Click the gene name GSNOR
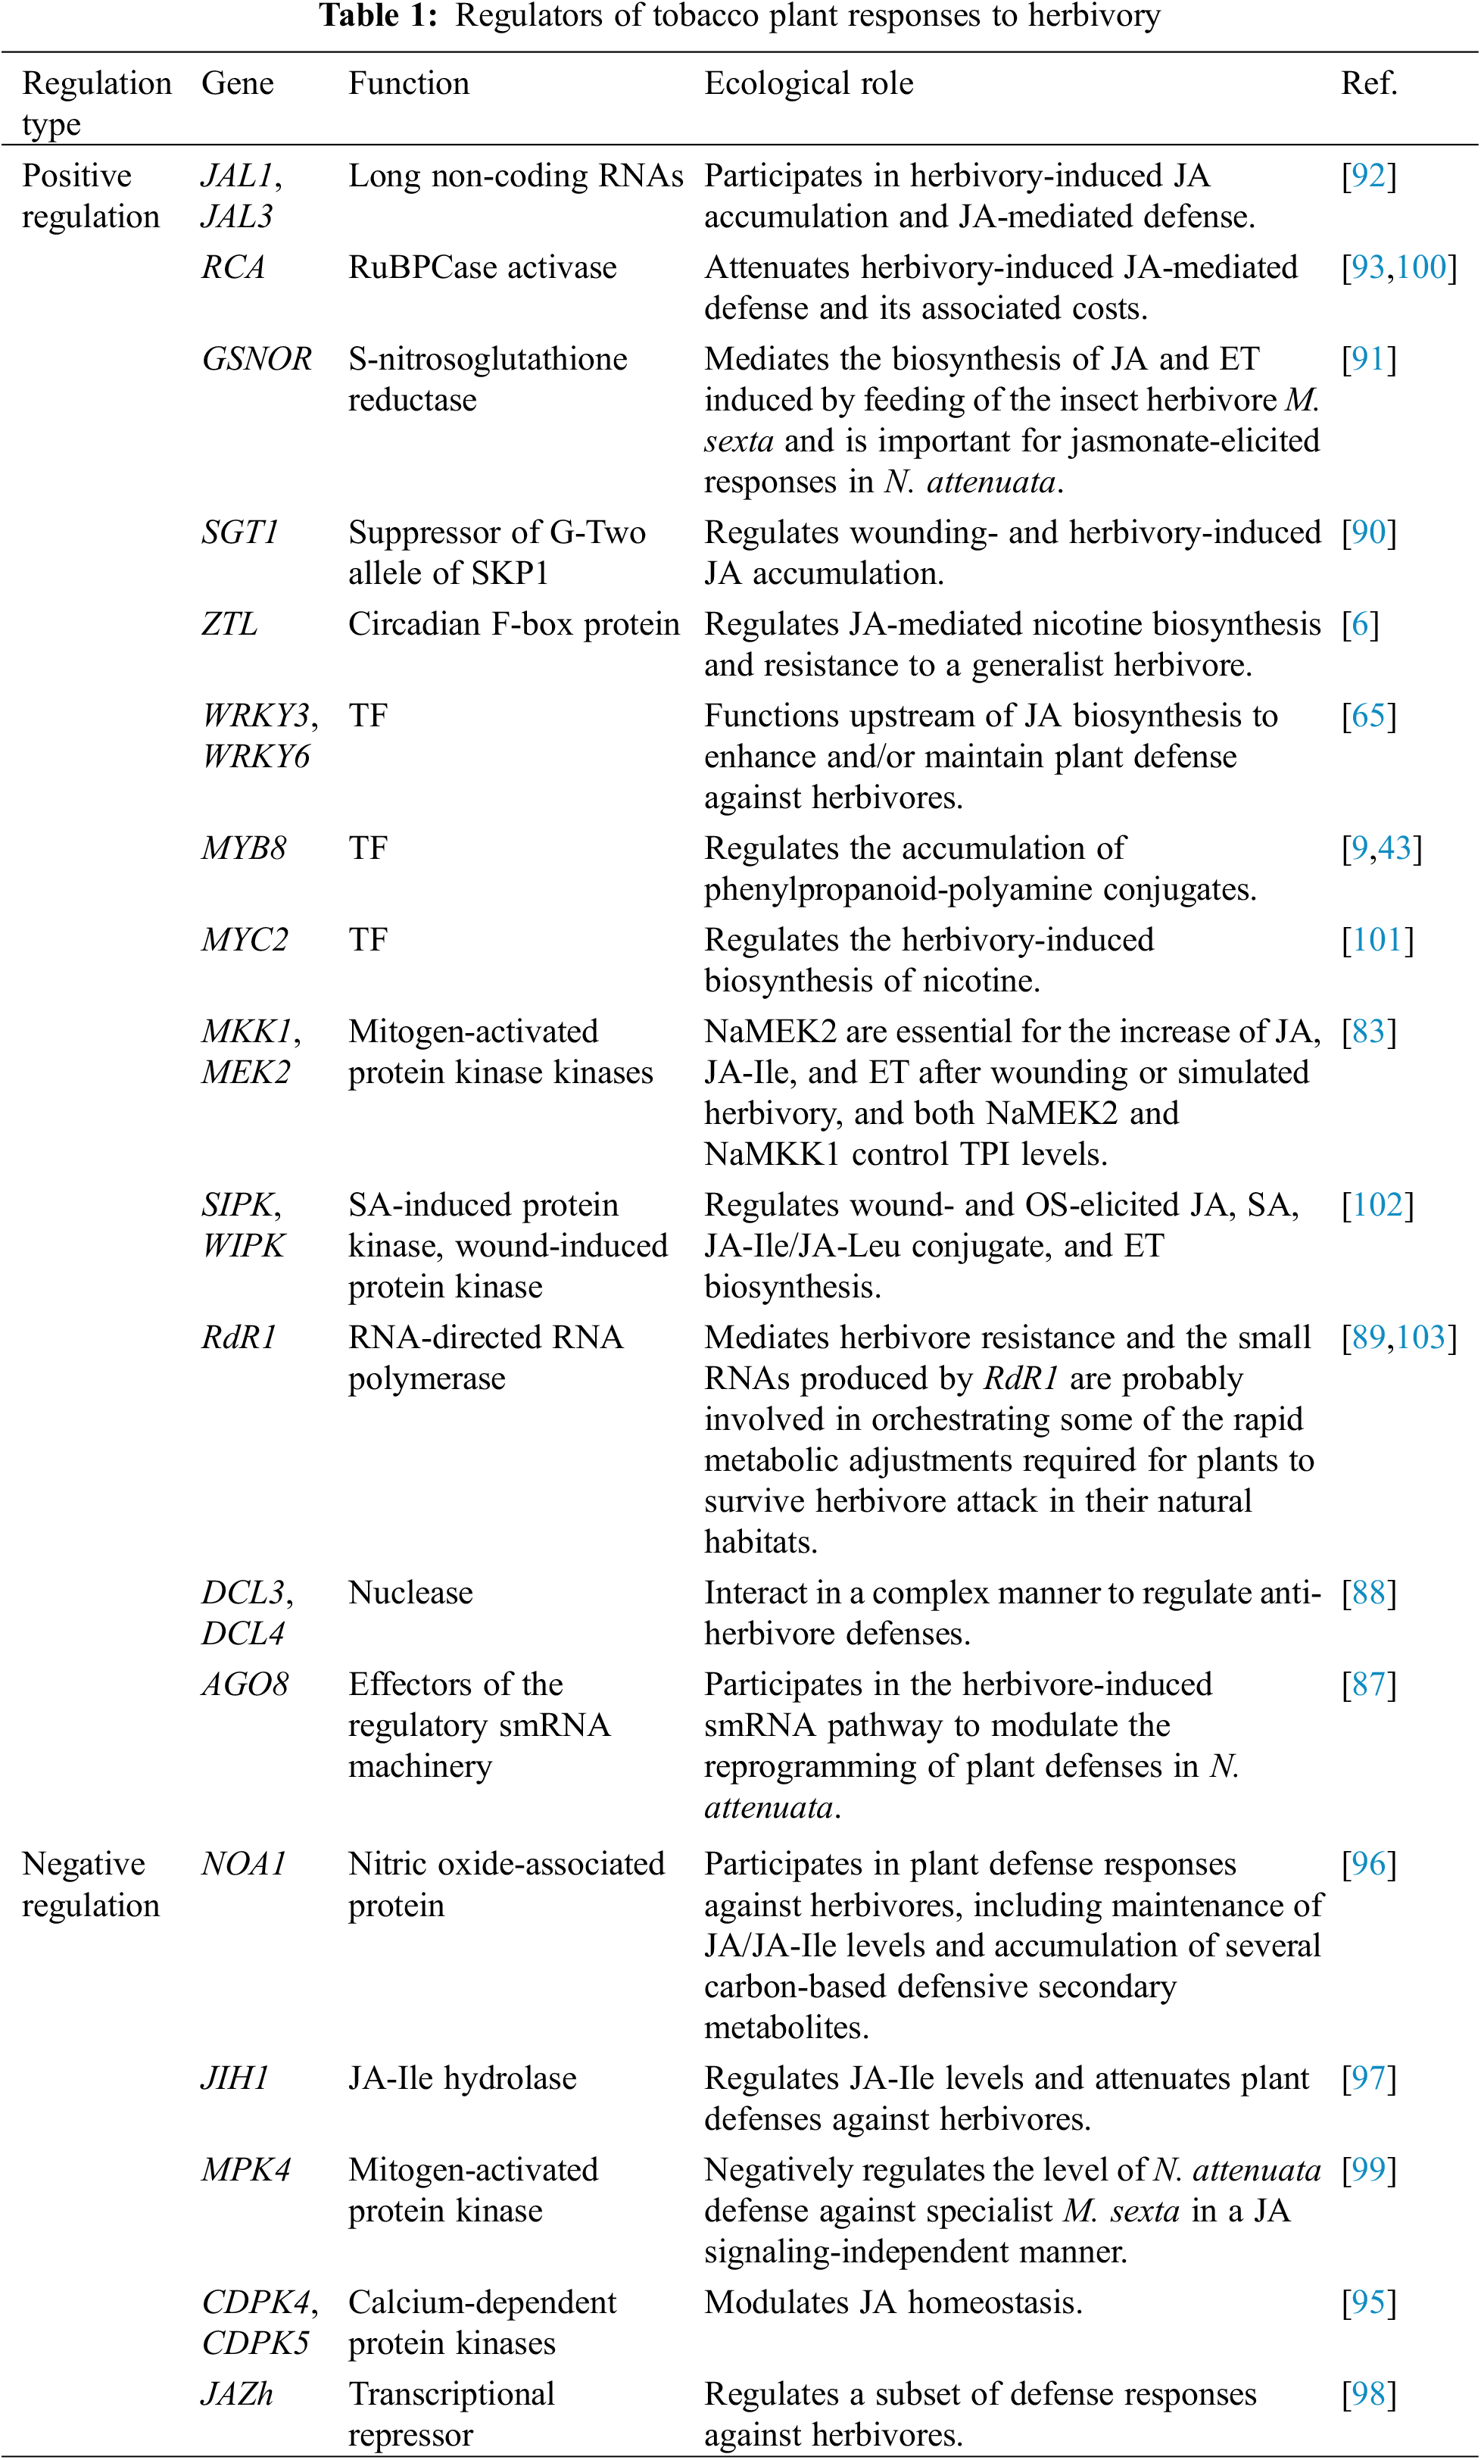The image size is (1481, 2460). click(x=257, y=358)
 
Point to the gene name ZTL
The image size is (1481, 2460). click(x=229, y=624)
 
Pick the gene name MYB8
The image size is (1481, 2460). click(x=244, y=848)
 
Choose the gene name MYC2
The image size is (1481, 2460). click(x=245, y=939)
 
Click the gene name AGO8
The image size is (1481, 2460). click(x=245, y=1684)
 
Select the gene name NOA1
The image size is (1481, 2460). click(x=244, y=1863)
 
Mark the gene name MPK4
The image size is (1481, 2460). click(x=245, y=2170)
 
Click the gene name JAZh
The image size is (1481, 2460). click(x=236, y=2393)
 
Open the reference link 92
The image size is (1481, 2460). click(x=1368, y=176)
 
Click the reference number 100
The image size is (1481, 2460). click(x=1421, y=267)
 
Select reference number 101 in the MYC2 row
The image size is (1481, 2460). click(x=1377, y=939)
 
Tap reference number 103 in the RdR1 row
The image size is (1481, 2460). click(x=1421, y=1338)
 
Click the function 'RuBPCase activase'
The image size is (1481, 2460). click(x=482, y=267)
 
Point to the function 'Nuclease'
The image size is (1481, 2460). click(x=410, y=1592)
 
